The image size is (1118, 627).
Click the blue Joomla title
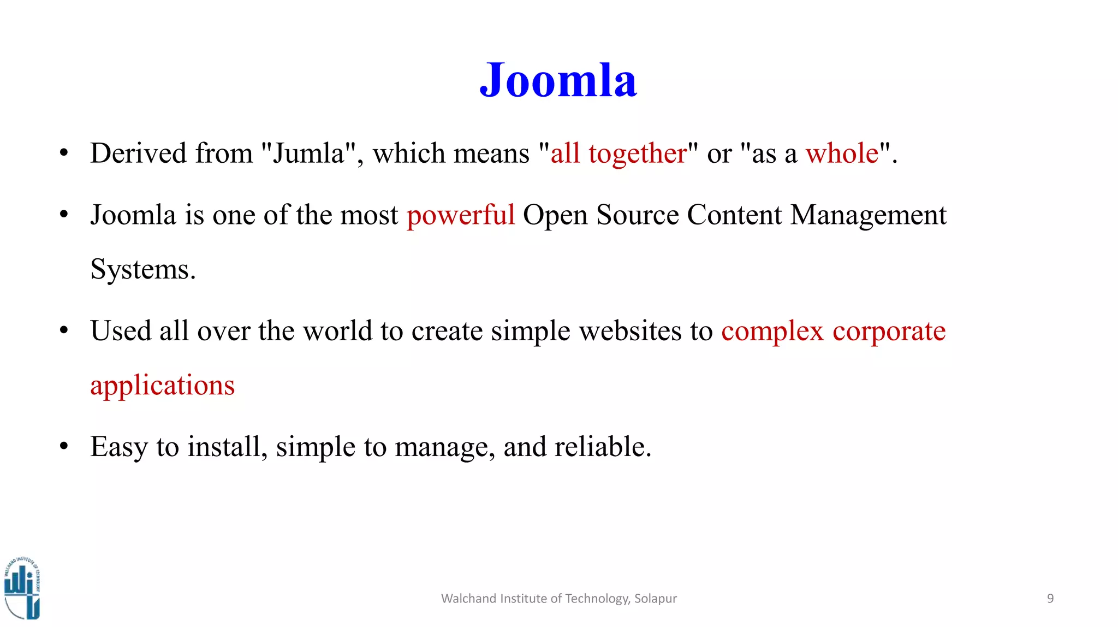point(558,81)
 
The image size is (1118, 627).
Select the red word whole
point(842,153)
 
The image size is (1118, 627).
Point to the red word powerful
point(461,215)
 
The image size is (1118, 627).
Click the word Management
point(868,215)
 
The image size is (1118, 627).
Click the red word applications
point(162,386)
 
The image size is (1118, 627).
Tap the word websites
point(630,332)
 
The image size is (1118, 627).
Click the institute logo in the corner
point(22,588)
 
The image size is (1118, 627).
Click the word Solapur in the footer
point(655,599)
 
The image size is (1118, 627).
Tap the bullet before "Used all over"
point(64,330)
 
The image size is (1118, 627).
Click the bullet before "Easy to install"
point(64,446)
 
